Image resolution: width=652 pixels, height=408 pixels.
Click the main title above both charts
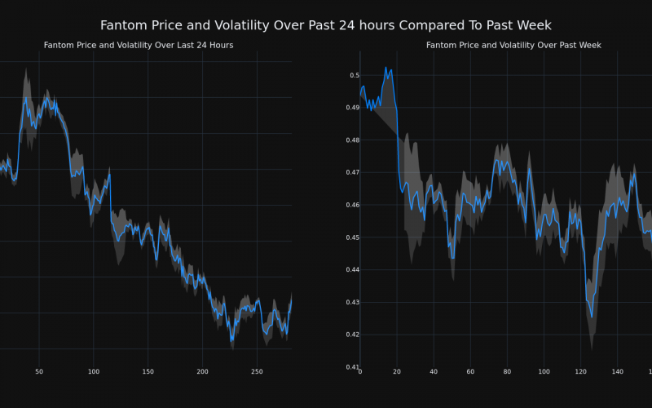(x=326, y=25)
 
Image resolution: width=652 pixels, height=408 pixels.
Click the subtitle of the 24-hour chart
(x=139, y=45)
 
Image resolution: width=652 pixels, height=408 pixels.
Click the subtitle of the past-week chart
(x=513, y=45)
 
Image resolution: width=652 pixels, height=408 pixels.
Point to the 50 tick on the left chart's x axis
(x=39, y=372)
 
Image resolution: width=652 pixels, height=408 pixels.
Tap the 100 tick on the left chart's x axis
(x=93, y=372)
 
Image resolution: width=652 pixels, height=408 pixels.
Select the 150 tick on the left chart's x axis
(x=148, y=372)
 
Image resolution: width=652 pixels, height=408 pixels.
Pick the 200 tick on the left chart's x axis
(x=202, y=372)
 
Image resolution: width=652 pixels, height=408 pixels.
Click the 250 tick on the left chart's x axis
(x=257, y=372)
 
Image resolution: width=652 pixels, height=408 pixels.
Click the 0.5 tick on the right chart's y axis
(x=354, y=75)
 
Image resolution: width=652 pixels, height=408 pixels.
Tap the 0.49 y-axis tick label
(x=350, y=108)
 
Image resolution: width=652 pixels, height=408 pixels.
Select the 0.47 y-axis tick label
(x=350, y=172)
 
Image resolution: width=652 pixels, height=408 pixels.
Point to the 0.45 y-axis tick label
(x=350, y=237)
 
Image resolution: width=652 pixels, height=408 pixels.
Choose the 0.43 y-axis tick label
(x=350, y=302)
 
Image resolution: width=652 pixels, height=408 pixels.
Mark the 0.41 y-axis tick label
(x=350, y=366)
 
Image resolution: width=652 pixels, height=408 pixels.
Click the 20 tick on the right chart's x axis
(x=397, y=372)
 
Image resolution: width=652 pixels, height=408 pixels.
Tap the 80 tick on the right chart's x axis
(x=507, y=372)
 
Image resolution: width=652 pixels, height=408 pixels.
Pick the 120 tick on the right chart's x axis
(x=580, y=372)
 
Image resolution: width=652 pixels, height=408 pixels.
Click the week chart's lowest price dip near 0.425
(x=592, y=317)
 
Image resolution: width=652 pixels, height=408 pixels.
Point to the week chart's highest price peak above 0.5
(x=386, y=68)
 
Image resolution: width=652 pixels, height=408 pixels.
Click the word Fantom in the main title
(x=123, y=25)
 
